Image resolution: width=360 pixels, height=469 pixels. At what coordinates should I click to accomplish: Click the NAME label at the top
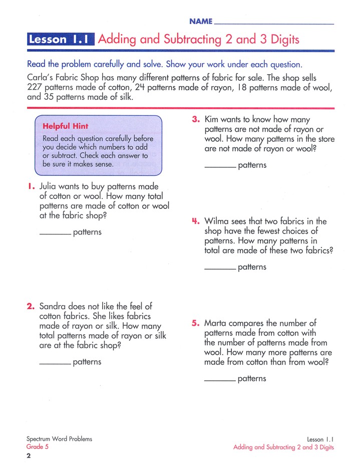(201, 22)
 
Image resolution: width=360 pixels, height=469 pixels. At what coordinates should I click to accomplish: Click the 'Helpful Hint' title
(66, 126)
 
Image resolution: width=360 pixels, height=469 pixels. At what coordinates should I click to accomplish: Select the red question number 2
(31, 306)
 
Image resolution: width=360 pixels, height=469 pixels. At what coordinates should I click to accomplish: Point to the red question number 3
(196, 120)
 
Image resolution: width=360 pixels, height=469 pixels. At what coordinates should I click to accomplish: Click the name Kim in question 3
(212, 120)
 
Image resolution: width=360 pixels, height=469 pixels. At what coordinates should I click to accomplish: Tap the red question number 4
(196, 221)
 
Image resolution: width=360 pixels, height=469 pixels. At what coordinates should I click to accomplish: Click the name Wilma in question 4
(216, 221)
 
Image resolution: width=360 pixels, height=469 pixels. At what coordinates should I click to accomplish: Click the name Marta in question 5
(216, 323)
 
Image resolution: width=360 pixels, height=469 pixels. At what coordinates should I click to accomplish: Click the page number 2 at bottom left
(29, 455)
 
